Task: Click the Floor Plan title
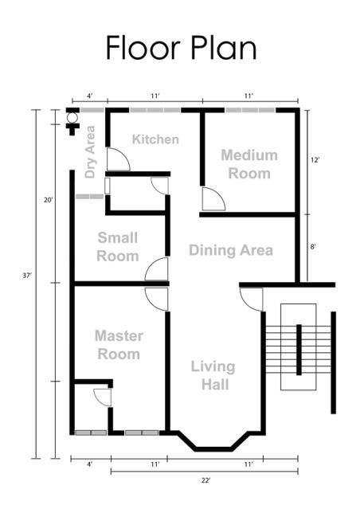pos(181,48)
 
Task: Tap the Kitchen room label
pos(155,139)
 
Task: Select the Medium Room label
pos(249,164)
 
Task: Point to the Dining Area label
pos(231,250)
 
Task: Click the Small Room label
pos(118,247)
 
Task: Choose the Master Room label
pos(119,345)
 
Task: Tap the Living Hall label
pos(213,375)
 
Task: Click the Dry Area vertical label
pos(90,152)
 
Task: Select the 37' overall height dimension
pos(26,276)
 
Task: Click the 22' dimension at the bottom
pos(205,480)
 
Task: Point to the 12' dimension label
pos(315,160)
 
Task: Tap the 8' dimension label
pos(313,247)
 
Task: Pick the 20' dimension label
pos(49,200)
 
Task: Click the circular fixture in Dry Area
pos(72,118)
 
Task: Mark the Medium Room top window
pos(250,111)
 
